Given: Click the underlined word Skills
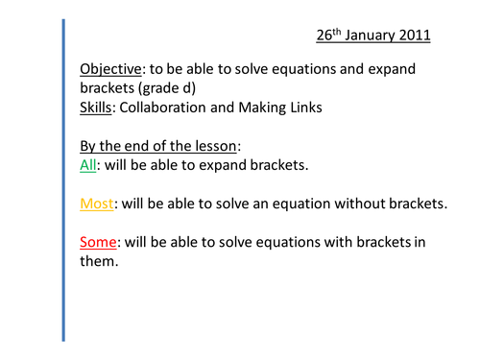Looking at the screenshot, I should (94, 108).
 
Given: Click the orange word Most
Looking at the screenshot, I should (96, 204).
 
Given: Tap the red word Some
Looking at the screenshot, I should (99, 241).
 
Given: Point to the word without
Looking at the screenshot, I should (362, 204).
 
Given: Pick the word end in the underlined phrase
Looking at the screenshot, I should (131, 145).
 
